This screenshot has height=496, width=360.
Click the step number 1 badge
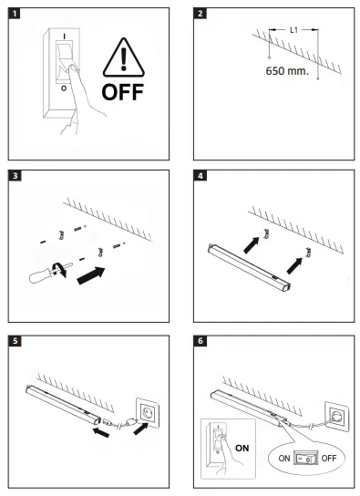pyautogui.click(x=15, y=14)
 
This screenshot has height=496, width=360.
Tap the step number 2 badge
pyautogui.click(x=200, y=14)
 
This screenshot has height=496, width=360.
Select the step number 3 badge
pyautogui.click(x=15, y=176)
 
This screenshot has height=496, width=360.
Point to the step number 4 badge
pyautogui.click(x=201, y=176)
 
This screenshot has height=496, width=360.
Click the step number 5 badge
pyautogui.click(x=15, y=341)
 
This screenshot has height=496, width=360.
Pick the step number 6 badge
pyautogui.click(x=201, y=341)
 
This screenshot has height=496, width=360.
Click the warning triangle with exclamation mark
pyautogui.click(x=124, y=57)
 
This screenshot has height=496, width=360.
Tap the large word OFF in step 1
pyautogui.click(x=123, y=92)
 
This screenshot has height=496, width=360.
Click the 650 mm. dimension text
pyautogui.click(x=287, y=71)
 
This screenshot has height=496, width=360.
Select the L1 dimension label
pyautogui.click(x=293, y=30)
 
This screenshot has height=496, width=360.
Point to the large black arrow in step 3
pyautogui.click(x=91, y=275)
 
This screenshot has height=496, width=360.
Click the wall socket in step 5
pyautogui.click(x=148, y=413)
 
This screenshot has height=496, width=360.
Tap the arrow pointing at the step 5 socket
pyautogui.click(x=140, y=429)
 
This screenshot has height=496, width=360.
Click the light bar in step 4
pyautogui.click(x=250, y=267)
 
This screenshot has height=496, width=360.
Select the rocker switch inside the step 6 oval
pyautogui.click(x=305, y=458)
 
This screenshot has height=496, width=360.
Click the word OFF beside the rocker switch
pyautogui.click(x=329, y=458)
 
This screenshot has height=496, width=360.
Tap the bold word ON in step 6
pyautogui.click(x=242, y=449)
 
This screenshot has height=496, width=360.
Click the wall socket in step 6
pyautogui.click(x=337, y=416)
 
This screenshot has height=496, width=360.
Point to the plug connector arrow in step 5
pyautogui.click(x=101, y=432)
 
